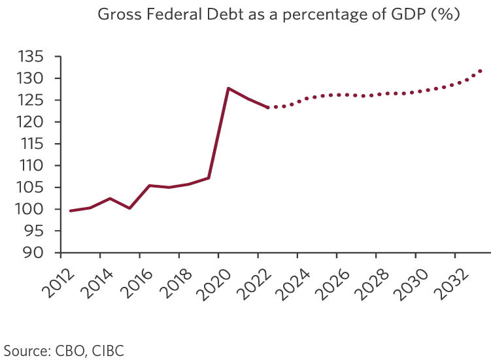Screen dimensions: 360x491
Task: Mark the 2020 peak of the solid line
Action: point(228,88)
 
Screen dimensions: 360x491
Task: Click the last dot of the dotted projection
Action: point(481,71)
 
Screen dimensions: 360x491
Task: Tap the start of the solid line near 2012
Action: point(70,210)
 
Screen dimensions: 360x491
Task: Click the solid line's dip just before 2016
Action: point(129,208)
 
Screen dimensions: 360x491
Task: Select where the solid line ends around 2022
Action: point(268,107)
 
